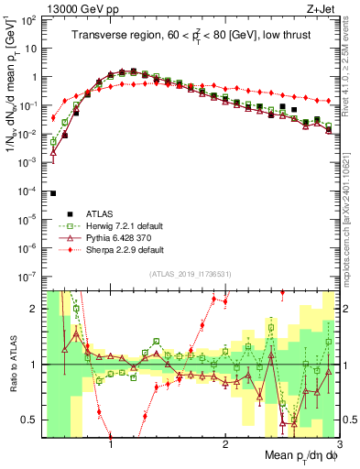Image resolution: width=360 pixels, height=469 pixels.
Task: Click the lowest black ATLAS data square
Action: pyautogui.click(x=54, y=193)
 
